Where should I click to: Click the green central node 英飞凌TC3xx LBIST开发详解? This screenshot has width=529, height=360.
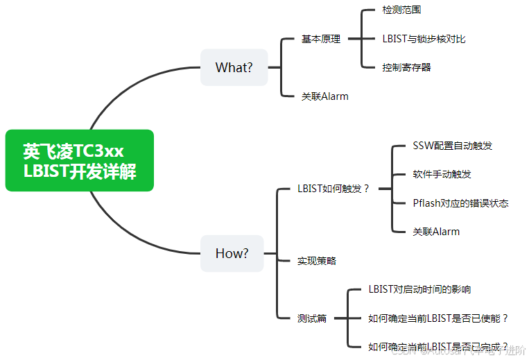tap(79, 160)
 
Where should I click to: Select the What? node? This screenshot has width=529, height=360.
tap(234, 67)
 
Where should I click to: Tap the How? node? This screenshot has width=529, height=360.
tap(232, 253)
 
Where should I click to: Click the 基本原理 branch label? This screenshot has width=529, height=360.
tap(320, 39)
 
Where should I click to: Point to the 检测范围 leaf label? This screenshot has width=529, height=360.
tap(401, 10)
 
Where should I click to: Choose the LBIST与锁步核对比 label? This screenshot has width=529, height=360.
tap(424, 39)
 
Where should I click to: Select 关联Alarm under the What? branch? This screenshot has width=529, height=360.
tap(324, 96)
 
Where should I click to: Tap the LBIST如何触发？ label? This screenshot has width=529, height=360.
tap(333, 189)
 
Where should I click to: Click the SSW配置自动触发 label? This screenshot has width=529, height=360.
tap(452, 146)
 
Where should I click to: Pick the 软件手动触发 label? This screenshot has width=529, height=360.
tap(442, 174)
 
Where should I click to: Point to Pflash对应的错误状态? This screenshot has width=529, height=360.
tap(460, 203)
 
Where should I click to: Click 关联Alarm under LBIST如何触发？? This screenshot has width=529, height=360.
tap(436, 232)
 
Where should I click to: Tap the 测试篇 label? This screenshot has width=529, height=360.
tap(311, 318)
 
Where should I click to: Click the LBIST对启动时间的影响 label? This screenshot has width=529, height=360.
tap(419, 289)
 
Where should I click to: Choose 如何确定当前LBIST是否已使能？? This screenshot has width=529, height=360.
tap(438, 318)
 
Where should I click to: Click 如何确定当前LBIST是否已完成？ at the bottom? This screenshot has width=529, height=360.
tap(438, 347)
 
